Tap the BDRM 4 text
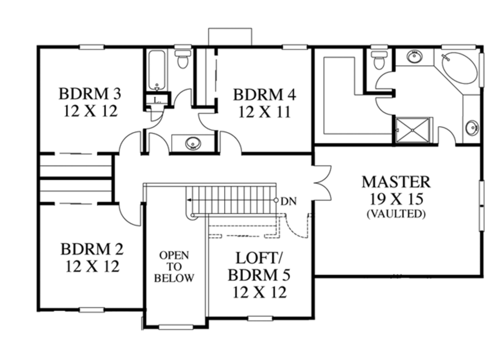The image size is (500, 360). pos(264,94)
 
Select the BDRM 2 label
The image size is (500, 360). pos(92,249)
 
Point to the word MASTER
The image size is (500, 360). pos(396,182)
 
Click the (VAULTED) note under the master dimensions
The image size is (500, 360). pos(396,214)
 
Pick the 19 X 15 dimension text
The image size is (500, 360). pos(396,199)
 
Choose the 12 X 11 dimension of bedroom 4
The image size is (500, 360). pos(264,112)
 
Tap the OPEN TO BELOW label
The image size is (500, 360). pos(174,267)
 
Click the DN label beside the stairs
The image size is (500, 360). pos(289,200)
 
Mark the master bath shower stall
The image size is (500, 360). pos(413,130)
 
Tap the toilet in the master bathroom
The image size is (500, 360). pos(378,60)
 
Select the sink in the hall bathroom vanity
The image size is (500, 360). pos(193,143)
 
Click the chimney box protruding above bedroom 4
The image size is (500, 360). pos(229,37)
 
